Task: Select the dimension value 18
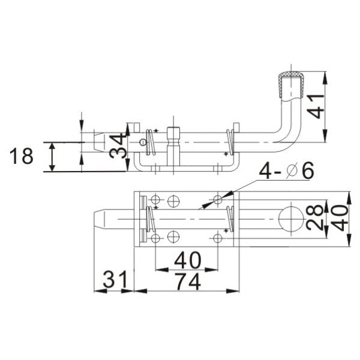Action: [23, 157]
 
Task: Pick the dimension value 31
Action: [113, 280]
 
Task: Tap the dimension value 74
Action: [184, 280]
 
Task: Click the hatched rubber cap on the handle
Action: [290, 82]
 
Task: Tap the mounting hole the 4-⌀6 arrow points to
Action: [218, 198]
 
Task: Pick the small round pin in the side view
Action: [142, 142]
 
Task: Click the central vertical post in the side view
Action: [175, 146]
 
